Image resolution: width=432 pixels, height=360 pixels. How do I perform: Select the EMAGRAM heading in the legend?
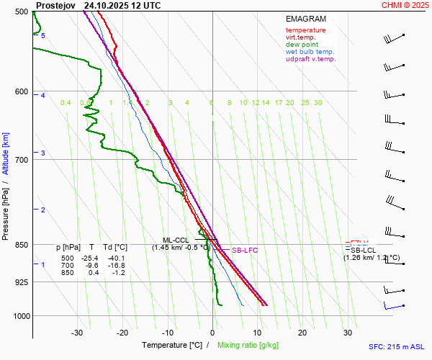pyautogui.click(x=305, y=19)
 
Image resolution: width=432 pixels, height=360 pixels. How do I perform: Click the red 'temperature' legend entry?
pyautogui.click(x=305, y=30)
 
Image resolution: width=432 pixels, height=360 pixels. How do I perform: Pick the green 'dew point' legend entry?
pyautogui.click(x=302, y=45)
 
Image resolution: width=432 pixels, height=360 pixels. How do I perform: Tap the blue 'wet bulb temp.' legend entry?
pyautogui.click(x=310, y=52)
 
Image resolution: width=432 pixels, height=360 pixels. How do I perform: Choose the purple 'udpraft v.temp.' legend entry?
pyautogui.click(x=310, y=59)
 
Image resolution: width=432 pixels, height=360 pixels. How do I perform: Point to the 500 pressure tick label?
pyautogui.click(x=20, y=12)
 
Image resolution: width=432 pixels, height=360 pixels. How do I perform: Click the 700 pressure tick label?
pyautogui.click(x=20, y=160)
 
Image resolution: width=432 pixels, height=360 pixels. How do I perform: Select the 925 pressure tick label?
pyautogui.click(x=20, y=282)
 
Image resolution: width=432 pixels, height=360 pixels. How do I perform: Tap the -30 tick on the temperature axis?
pyautogui.click(x=78, y=333)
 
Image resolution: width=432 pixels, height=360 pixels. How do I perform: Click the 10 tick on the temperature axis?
pyautogui.click(x=258, y=333)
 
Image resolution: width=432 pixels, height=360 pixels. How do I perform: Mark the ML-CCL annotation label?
pyautogui.click(x=176, y=240)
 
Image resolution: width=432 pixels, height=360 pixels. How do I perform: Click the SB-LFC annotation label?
pyautogui.click(x=245, y=251)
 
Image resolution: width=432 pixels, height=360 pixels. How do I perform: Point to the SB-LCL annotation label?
pyautogui.click(x=364, y=250)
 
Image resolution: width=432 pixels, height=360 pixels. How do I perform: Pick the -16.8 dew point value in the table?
pyautogui.click(x=115, y=266)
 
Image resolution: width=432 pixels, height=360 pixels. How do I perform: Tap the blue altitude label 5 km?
pyautogui.click(x=43, y=35)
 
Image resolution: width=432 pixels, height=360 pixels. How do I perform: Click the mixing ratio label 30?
pyautogui.click(x=318, y=103)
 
